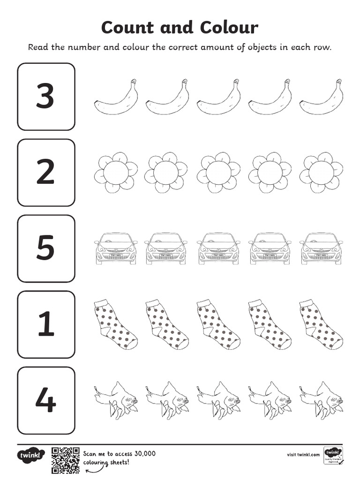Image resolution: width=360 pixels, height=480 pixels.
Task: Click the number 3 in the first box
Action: point(45,96)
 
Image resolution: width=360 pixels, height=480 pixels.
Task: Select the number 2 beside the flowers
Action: point(45,172)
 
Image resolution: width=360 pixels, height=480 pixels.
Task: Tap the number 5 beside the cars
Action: point(45,248)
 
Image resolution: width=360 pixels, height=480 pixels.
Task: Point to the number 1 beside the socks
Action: point(46,324)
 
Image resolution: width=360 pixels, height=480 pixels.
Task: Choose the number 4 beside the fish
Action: point(45,400)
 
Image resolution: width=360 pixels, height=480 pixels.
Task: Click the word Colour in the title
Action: point(229,28)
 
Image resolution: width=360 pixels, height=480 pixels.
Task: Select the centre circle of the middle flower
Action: point(218,172)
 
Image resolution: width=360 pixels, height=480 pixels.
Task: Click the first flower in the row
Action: point(116,172)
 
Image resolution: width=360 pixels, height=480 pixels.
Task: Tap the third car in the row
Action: point(218,248)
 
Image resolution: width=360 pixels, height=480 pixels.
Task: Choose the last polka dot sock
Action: point(320,324)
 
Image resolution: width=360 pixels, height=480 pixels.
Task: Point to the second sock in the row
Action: point(166,324)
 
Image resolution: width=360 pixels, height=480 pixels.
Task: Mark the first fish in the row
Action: point(116,400)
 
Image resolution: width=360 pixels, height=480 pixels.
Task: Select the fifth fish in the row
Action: point(322,400)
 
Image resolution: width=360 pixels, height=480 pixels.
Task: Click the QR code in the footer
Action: point(65,460)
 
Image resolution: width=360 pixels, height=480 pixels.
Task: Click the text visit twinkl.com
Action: point(303,454)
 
